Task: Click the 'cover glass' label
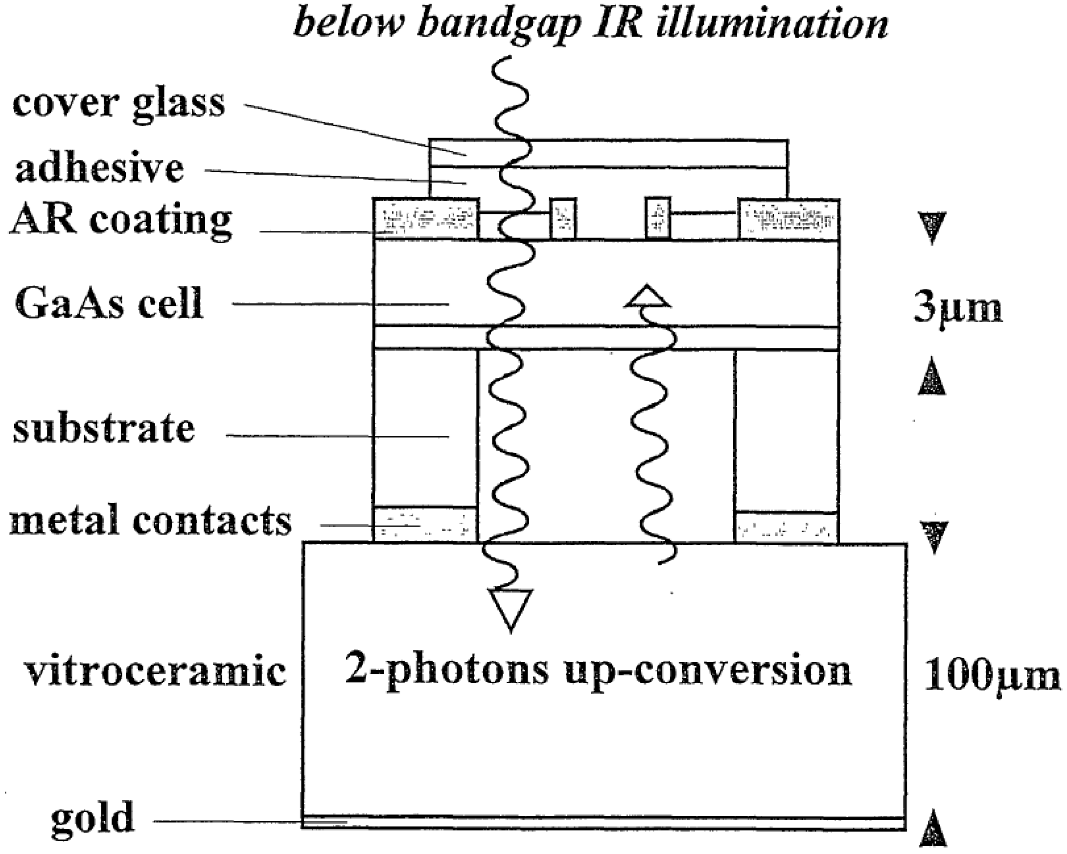(119, 105)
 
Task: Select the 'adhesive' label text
(99, 168)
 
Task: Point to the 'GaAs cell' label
(109, 304)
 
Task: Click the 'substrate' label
(104, 429)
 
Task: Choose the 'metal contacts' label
(150, 522)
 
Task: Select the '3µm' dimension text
(958, 308)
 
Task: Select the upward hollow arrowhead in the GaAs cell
(648, 297)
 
